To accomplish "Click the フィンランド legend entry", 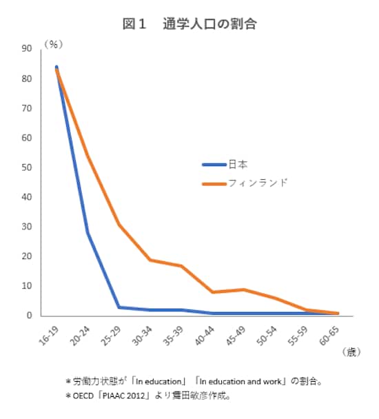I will [261, 183].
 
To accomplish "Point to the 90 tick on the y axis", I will [27, 48].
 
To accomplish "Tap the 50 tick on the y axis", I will [27, 167].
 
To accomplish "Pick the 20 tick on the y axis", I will [27, 256].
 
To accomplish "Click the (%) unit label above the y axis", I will [54, 43].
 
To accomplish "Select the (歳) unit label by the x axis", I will [350, 352].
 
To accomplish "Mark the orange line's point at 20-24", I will [88, 156].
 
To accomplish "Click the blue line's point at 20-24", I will [88, 233].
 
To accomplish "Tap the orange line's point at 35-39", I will [182, 266].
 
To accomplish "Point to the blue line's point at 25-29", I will [119, 307].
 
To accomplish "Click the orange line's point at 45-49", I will [245, 289].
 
